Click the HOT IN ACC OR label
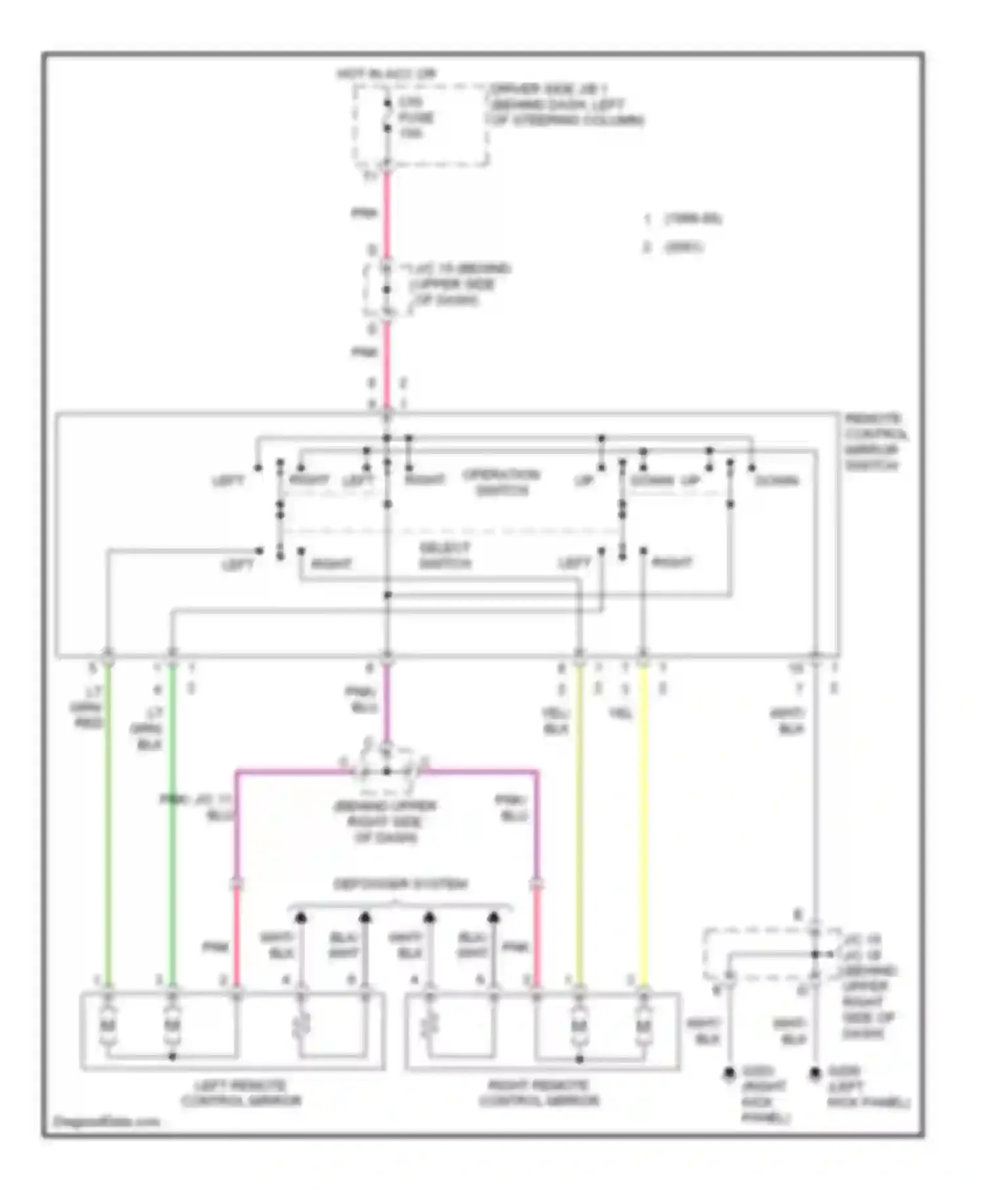[x=386, y=74]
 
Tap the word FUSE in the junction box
[x=417, y=118]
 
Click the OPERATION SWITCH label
[x=501, y=482]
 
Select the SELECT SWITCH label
[x=445, y=555]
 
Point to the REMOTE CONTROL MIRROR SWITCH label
[x=875, y=442]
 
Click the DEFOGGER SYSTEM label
[x=400, y=884]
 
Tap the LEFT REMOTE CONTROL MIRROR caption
[x=240, y=1093]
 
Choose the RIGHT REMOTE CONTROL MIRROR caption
[x=539, y=1093]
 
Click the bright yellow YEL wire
[x=644, y=820]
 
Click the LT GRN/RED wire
[x=108, y=820]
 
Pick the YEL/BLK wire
[x=579, y=820]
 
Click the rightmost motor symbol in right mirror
[x=644, y=1025]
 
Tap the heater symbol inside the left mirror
[x=301, y=1025]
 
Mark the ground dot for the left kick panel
[x=815, y=1073]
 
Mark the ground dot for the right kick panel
[x=729, y=1073]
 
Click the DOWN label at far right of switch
[x=777, y=481]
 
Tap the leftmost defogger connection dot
[x=301, y=917]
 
